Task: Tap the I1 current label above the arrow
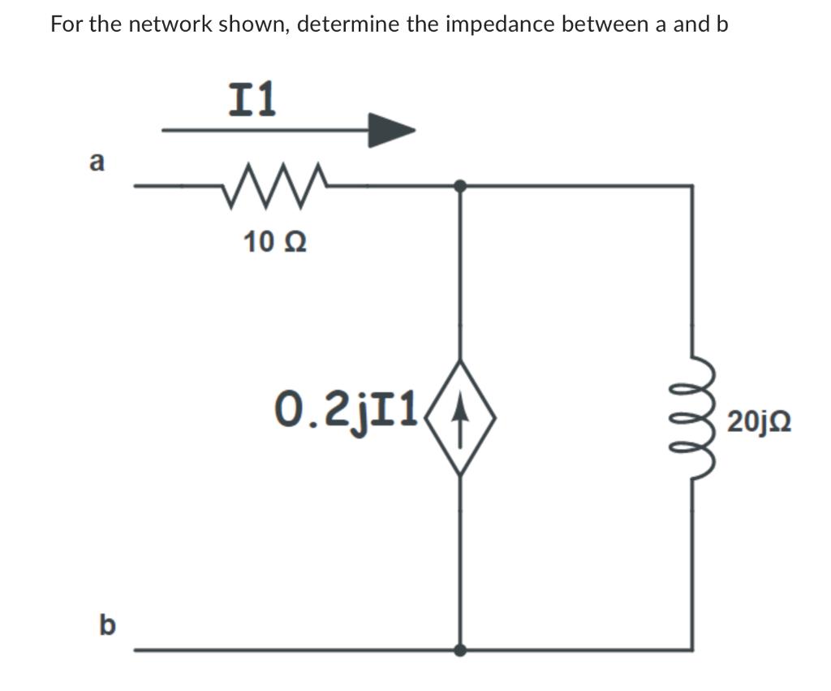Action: (x=252, y=99)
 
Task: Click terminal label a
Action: (x=97, y=162)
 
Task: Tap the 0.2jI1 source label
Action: (x=347, y=404)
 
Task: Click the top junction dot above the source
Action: (x=460, y=186)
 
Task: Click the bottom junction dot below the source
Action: (x=460, y=650)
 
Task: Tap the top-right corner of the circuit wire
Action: (x=691, y=186)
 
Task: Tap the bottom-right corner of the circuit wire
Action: (x=691, y=650)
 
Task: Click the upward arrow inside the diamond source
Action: (x=461, y=417)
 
